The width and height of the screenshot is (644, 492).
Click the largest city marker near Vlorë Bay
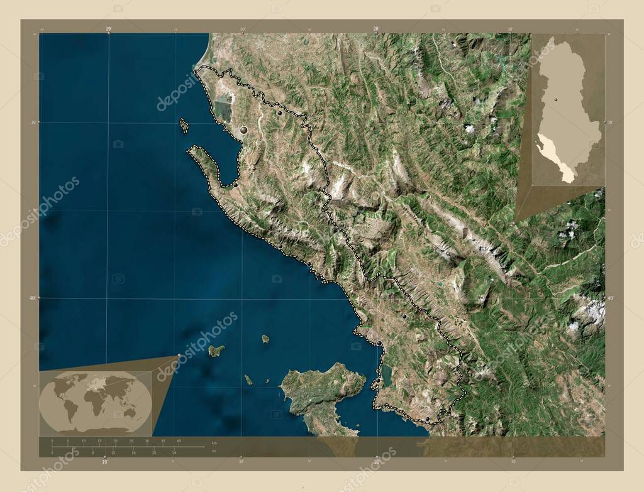point(243,130)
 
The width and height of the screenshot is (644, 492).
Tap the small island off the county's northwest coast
point(184,126)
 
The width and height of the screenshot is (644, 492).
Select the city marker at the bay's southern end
point(235,184)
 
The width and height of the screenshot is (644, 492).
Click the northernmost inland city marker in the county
point(280,113)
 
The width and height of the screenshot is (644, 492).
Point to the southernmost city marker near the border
point(427,418)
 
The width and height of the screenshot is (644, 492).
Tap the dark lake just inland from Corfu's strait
point(387,376)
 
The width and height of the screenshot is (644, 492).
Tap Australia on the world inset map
point(130,412)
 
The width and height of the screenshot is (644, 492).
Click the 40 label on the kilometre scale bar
point(179,442)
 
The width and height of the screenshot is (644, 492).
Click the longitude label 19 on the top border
point(108,29)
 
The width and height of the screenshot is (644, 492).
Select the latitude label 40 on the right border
point(610,298)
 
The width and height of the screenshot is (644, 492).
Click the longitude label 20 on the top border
point(375,29)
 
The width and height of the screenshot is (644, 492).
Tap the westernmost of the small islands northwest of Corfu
point(216,350)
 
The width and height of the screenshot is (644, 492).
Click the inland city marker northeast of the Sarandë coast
point(404,317)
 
